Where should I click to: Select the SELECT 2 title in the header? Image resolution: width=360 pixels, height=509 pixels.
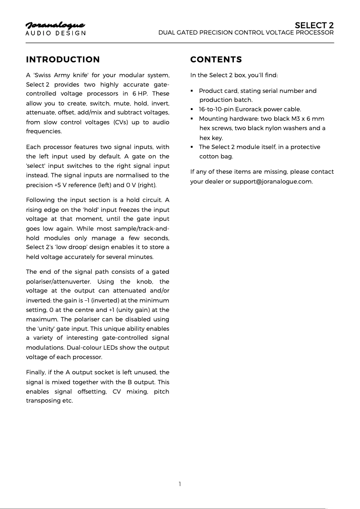click(x=314, y=25)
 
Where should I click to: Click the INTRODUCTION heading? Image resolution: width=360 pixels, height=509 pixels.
click(x=63, y=60)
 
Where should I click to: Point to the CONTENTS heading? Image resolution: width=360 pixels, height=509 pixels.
click(x=216, y=60)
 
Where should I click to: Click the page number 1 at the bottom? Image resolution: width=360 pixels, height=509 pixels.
click(x=180, y=484)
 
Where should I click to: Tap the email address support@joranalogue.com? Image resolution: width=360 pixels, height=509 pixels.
click(x=272, y=181)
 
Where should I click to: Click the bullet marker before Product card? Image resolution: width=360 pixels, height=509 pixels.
click(x=192, y=91)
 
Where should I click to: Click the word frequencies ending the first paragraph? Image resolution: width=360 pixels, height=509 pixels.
click(x=44, y=132)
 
